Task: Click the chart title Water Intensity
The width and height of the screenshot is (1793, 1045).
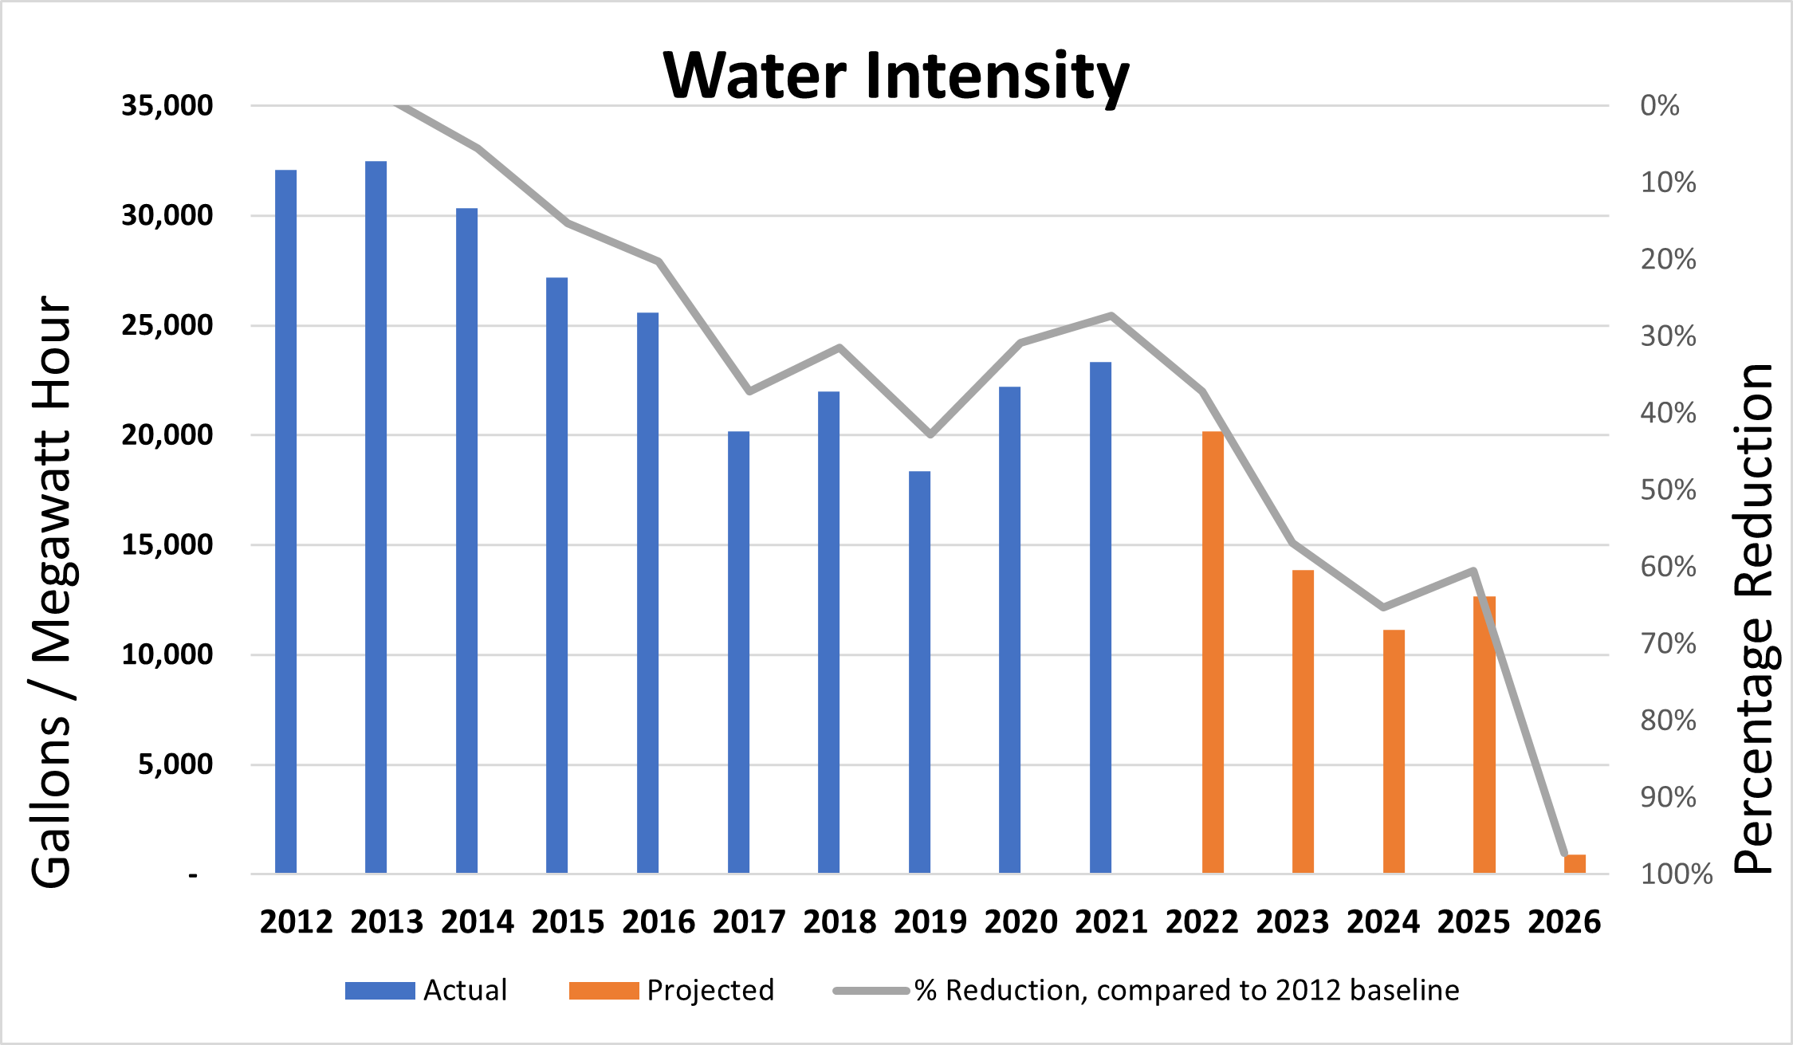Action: [x=895, y=76]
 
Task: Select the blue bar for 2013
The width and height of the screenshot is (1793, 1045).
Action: [x=376, y=518]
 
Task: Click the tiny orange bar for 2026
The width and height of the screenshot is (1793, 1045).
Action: [x=1575, y=864]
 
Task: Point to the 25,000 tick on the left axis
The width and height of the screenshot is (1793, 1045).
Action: [x=167, y=325]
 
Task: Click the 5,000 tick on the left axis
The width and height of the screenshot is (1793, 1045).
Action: [x=175, y=764]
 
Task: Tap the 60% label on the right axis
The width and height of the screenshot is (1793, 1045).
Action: [x=1668, y=567]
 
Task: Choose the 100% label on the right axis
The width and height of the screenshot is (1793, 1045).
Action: [x=1676, y=874]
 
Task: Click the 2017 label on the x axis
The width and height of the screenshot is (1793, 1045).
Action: [x=749, y=922]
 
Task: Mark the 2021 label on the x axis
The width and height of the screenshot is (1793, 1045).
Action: [x=1111, y=922]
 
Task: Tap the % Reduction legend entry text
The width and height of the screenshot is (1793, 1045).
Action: [x=1186, y=990]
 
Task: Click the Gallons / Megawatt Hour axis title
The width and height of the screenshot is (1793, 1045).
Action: [x=53, y=591]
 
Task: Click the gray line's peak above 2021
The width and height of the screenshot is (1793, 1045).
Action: [x=1111, y=316]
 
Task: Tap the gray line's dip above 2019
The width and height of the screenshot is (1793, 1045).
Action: [x=930, y=434]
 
